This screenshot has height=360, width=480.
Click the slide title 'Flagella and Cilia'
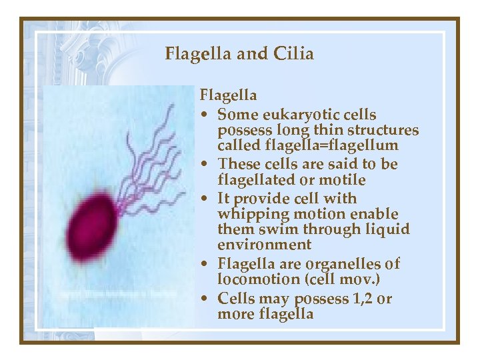pyautogui.click(x=239, y=53)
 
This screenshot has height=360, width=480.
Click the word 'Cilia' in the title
pyautogui.click(x=292, y=53)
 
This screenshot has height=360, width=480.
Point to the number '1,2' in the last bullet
pyautogui.click(x=362, y=299)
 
